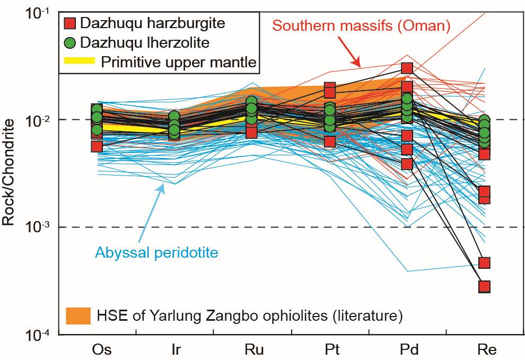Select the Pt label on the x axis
[x=330, y=350]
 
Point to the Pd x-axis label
[x=407, y=350]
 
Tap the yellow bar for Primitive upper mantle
[x=80, y=62]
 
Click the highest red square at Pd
[x=407, y=68]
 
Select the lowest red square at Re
[x=484, y=287]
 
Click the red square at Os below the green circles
[x=97, y=146]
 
